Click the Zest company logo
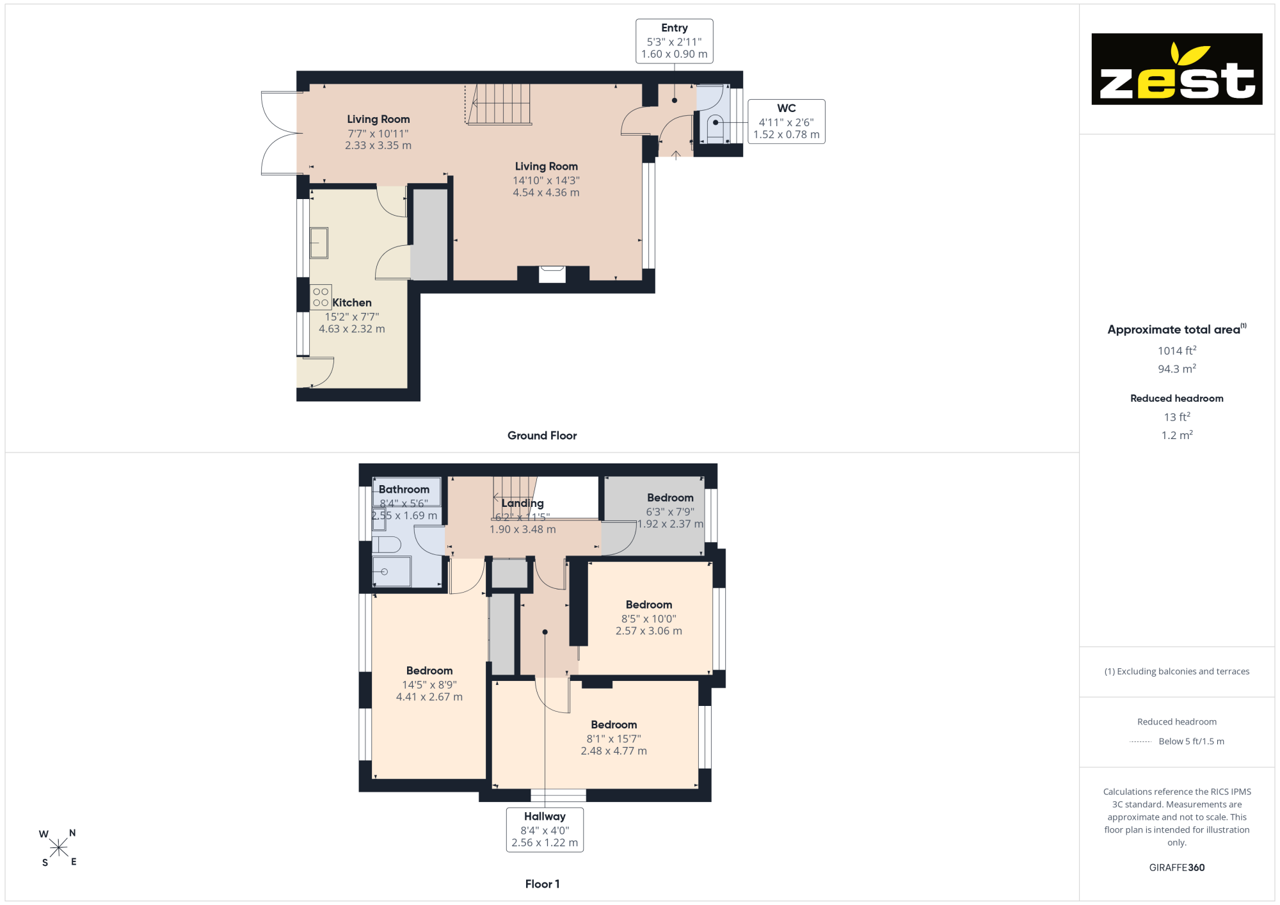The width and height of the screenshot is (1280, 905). tap(1176, 69)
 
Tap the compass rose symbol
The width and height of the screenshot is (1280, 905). tap(58, 848)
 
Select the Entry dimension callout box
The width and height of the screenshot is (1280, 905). tap(674, 41)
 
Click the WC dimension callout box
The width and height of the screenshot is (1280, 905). tap(786, 122)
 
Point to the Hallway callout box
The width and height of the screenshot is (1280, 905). tap(545, 829)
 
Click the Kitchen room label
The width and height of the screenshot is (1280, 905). tap(352, 303)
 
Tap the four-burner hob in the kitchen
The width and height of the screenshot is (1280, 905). tap(321, 297)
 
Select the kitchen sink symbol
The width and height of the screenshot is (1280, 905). tap(319, 243)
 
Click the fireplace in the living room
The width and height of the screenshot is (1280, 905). tap(552, 273)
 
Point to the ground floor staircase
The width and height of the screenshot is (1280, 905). tap(499, 104)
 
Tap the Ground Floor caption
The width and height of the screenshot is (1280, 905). tap(542, 436)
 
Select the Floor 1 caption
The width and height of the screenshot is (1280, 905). tap(542, 884)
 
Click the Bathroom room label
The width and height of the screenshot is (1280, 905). tap(404, 490)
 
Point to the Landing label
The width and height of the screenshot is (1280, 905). tap(522, 504)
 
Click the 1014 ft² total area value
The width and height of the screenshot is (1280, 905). tap(1176, 350)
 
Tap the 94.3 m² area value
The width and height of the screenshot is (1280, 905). tap(1176, 369)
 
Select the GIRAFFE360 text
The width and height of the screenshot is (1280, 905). tap(1176, 868)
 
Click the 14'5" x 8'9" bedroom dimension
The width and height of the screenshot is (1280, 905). tap(429, 685)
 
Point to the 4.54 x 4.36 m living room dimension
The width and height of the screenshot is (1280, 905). tap(546, 193)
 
